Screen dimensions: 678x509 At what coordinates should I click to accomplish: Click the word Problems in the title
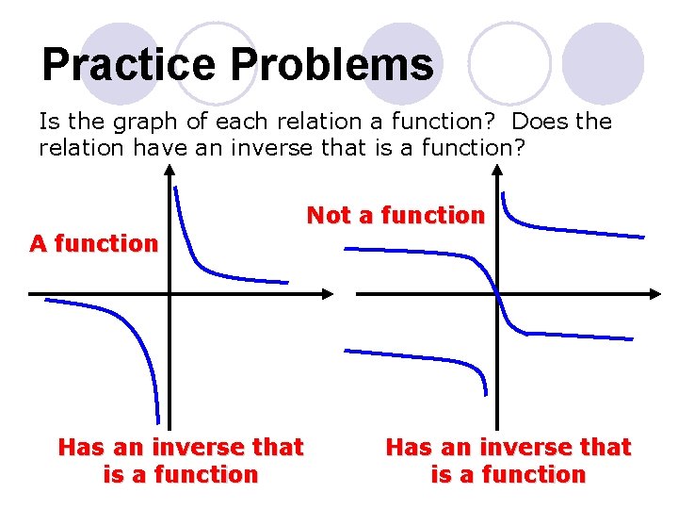click(x=332, y=66)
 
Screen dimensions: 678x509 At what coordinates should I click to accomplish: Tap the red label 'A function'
click(x=94, y=243)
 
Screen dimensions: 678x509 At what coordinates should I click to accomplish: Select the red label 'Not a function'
click(x=395, y=215)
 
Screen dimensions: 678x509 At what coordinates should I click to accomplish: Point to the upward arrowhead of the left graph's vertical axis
click(x=169, y=171)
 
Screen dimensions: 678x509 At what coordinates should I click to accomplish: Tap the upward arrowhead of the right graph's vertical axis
click(x=496, y=171)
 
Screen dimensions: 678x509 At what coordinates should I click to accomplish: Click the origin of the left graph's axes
click(x=169, y=294)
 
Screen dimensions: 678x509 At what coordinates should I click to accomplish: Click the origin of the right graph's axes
click(x=496, y=294)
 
